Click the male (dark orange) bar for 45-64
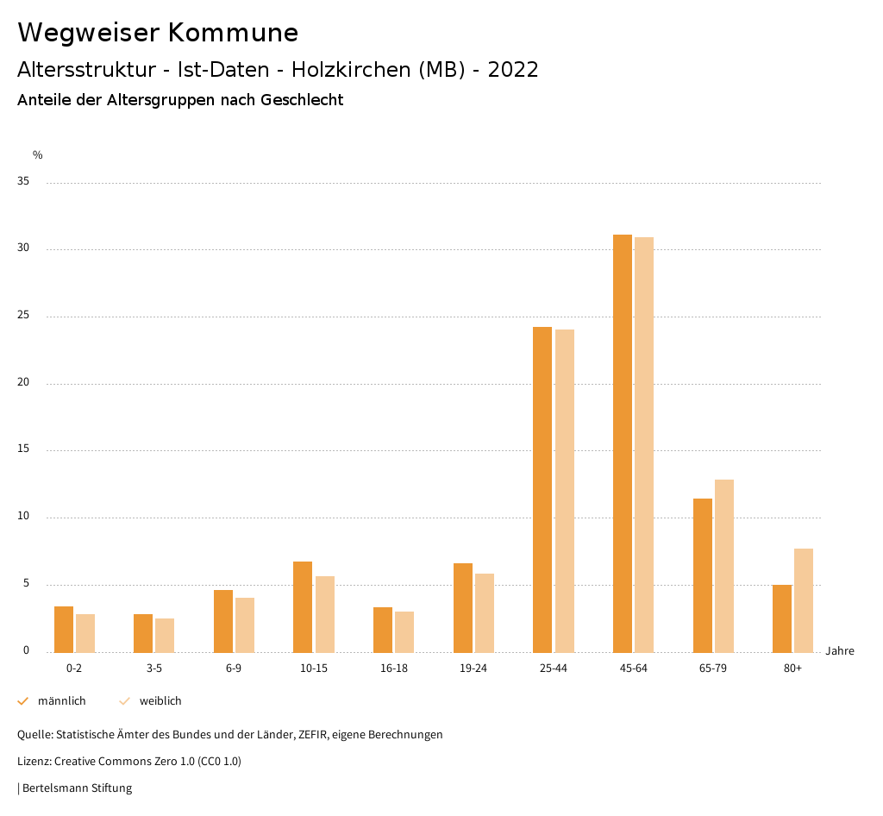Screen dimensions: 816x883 (x=622, y=443)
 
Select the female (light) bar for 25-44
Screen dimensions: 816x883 (x=565, y=491)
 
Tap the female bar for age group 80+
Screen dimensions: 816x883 (x=804, y=600)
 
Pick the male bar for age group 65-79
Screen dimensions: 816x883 (x=702, y=575)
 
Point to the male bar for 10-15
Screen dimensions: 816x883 (x=303, y=607)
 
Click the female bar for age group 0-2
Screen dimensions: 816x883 (x=85, y=633)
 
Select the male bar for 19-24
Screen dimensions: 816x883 (x=462, y=608)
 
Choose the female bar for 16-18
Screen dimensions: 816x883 (x=404, y=631)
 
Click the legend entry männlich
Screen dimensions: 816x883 (x=61, y=701)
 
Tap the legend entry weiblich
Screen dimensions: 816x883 (x=160, y=701)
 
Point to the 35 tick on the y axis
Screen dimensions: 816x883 (x=23, y=182)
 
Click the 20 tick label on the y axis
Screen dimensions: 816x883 (x=23, y=383)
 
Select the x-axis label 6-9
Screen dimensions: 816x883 (x=234, y=668)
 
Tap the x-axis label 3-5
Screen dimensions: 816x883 (x=154, y=668)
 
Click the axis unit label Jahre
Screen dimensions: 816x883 (x=839, y=651)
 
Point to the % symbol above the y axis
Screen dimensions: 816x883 (x=37, y=155)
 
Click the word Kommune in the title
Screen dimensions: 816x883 (x=233, y=33)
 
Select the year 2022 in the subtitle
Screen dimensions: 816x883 (x=513, y=70)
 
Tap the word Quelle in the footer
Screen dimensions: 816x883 (x=34, y=735)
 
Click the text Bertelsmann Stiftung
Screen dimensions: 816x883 (x=77, y=788)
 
